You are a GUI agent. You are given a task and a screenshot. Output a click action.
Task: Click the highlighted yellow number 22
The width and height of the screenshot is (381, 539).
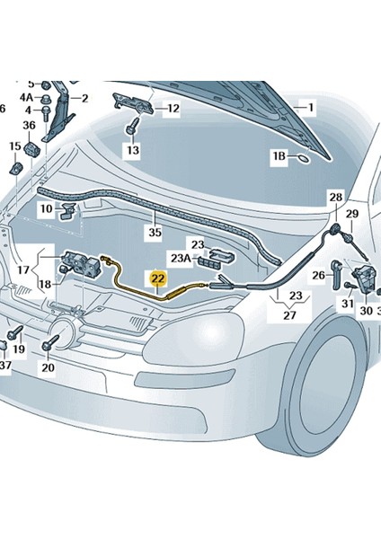pyautogui.click(x=157, y=279)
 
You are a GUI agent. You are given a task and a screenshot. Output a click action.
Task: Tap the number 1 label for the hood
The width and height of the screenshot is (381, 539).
pyautogui.click(x=311, y=108)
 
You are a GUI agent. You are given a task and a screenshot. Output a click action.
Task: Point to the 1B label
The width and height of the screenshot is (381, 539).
pyautogui.click(x=280, y=156)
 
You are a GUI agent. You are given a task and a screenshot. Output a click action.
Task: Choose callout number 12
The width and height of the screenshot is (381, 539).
pyautogui.click(x=173, y=109)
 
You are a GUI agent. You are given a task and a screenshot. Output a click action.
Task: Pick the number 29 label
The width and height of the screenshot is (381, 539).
pyautogui.click(x=352, y=213)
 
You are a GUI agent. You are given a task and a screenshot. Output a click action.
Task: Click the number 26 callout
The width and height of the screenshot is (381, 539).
pyautogui.click(x=317, y=275)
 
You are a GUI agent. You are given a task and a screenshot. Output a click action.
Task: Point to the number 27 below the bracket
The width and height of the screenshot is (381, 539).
pyautogui.click(x=290, y=315)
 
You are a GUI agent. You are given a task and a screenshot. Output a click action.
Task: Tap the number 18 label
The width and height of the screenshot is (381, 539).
pyautogui.click(x=44, y=284)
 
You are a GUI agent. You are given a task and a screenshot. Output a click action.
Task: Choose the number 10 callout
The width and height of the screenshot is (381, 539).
pyautogui.click(x=45, y=208)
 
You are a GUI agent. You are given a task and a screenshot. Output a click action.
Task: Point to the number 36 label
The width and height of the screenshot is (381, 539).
pyautogui.click(x=29, y=125)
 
